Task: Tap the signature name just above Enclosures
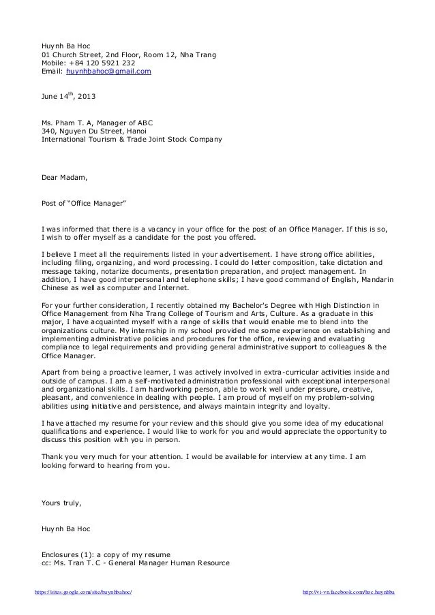coord(66,528)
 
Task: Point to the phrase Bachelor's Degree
coord(273,304)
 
